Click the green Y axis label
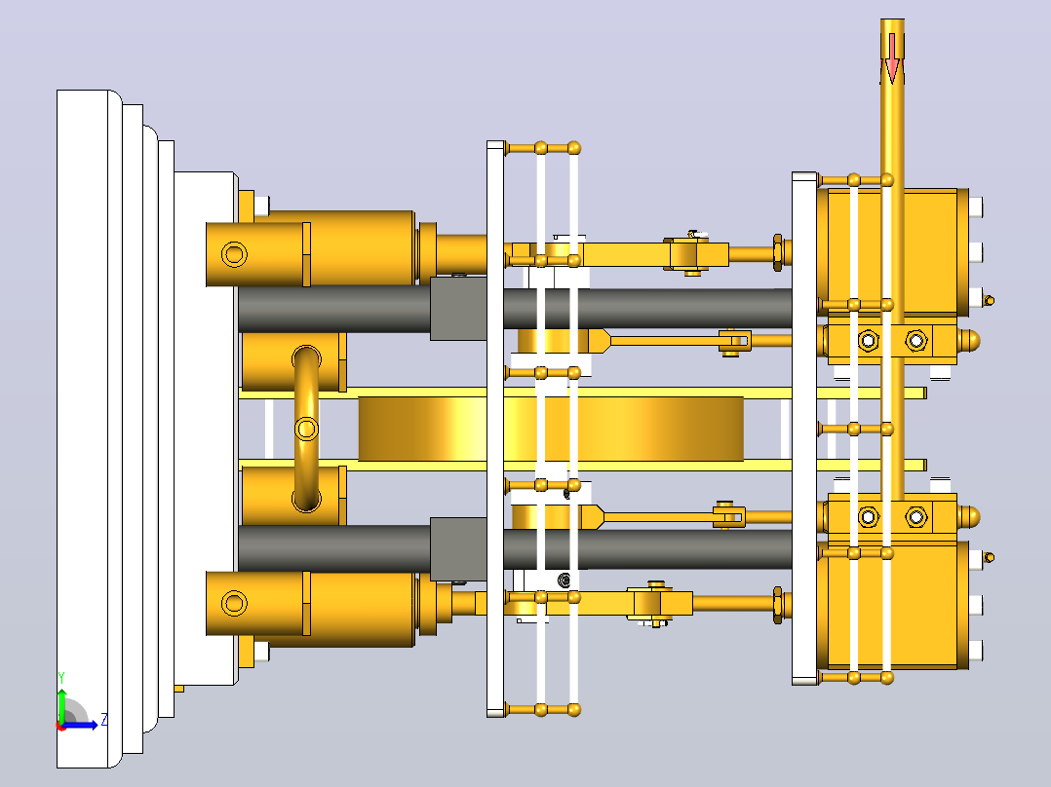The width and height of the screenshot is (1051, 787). [61, 678]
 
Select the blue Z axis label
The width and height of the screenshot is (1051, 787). [104, 720]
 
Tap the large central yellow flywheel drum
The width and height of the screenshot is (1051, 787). [551, 429]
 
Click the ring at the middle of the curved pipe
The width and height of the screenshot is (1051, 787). [306, 428]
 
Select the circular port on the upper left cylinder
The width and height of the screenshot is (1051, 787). [234, 254]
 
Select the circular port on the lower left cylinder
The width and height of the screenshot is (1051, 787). [234, 603]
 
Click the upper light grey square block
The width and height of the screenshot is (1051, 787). [458, 309]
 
